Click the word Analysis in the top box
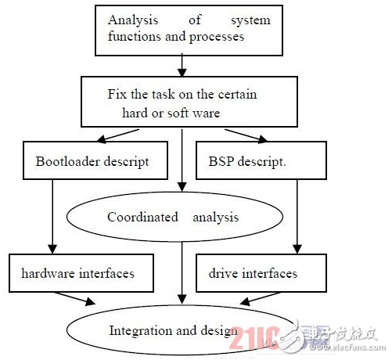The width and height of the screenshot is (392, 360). coord(133,20)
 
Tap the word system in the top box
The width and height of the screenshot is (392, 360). coord(250,20)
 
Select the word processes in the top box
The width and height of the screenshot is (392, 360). coord(217,37)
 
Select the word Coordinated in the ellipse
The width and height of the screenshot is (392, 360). coord(142,217)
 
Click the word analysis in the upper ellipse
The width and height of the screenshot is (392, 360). coord(216,218)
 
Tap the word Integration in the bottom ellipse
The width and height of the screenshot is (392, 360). coord(141,331)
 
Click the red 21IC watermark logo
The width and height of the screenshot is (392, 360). coord(254,338)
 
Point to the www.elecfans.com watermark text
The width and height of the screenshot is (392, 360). coord(347,347)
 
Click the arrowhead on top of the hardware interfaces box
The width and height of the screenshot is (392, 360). coord(52,250)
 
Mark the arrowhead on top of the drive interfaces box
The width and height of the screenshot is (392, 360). coord(297,250)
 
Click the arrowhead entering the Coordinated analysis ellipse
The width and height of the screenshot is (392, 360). coord(182,187)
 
